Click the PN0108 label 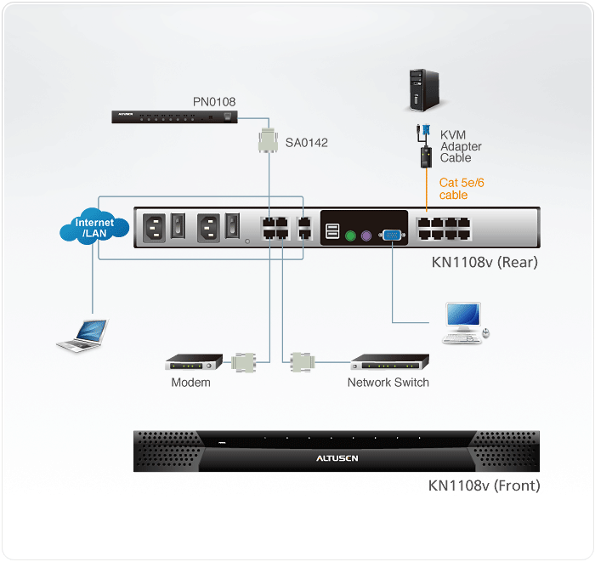point(214,102)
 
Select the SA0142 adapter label point(307,143)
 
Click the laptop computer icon point(82,334)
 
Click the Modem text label point(190,383)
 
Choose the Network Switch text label point(388,383)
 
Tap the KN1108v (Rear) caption point(484,262)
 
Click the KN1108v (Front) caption point(484,486)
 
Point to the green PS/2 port point(349,237)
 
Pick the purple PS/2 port point(366,237)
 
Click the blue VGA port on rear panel point(392,236)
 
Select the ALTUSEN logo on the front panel point(337,457)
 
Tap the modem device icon point(194,362)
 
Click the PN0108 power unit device point(174,116)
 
